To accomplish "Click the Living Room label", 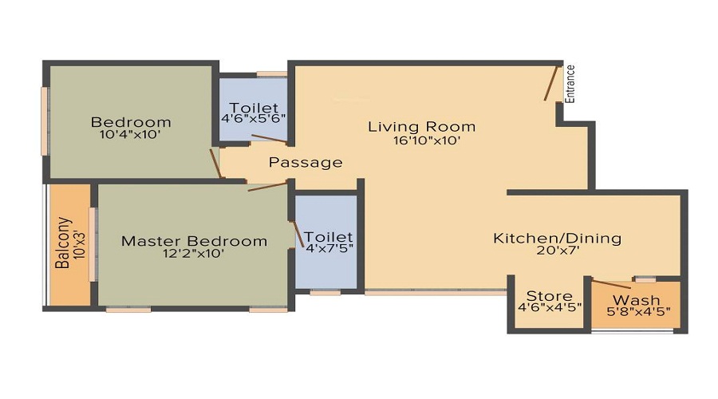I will (x=421, y=126).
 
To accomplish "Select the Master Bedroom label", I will (x=194, y=241).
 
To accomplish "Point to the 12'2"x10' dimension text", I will (x=194, y=255).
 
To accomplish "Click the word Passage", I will (x=306, y=163).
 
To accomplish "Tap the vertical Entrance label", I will (x=570, y=84).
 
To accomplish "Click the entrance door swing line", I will (x=551, y=84).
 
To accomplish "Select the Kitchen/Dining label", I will (x=557, y=238).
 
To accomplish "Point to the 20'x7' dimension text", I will (x=558, y=251).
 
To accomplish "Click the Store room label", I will (x=550, y=297).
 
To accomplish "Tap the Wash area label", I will (x=640, y=301).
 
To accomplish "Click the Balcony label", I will (x=63, y=243).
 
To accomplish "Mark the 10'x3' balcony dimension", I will (x=79, y=243).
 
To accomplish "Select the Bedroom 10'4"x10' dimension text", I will (x=131, y=135).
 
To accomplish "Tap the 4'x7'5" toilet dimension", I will (x=328, y=248).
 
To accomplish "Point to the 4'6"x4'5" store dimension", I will (x=550, y=307).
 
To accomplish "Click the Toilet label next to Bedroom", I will (x=254, y=107).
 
